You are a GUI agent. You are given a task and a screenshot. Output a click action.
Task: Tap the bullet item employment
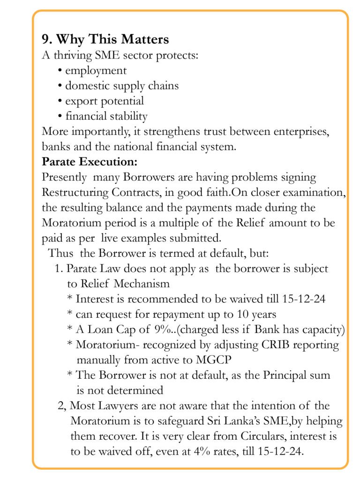(96, 70)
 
